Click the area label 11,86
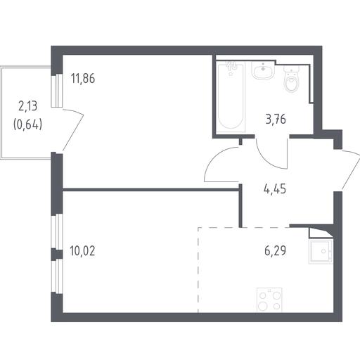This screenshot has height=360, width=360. click(x=83, y=79)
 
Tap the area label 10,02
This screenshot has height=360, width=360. click(x=82, y=251)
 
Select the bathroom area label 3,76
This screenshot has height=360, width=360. click(x=276, y=120)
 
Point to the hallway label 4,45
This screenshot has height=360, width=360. click(x=275, y=188)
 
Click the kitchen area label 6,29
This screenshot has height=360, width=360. click(x=276, y=251)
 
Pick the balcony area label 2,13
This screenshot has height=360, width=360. click(x=28, y=106)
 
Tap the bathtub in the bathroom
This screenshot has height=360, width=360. click(x=231, y=96)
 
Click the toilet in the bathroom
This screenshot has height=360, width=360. click(x=292, y=79)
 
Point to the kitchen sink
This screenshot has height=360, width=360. click(x=321, y=252)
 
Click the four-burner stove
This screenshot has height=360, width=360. click(x=269, y=300)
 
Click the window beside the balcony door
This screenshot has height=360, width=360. click(x=57, y=91)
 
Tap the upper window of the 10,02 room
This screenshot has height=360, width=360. click(x=57, y=231)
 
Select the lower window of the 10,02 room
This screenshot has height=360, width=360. click(x=57, y=276)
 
